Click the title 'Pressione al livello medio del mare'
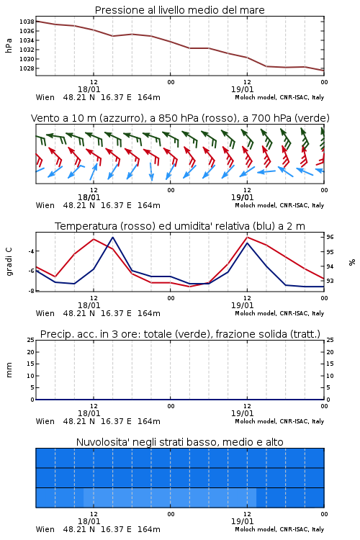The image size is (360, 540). (179, 10)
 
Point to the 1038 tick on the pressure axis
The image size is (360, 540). (27, 22)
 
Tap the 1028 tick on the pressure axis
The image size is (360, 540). (27, 68)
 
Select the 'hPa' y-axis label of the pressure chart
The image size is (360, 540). (9, 45)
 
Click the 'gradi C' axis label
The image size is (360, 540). (9, 261)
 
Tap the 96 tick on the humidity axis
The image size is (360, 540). (330, 237)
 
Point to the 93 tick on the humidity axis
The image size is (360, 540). (330, 281)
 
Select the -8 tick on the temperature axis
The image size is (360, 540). (31, 291)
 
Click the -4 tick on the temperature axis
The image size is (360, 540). (31, 251)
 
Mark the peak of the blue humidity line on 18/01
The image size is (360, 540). (112, 238)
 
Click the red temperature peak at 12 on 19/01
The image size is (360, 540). (247, 238)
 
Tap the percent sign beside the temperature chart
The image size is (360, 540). (352, 262)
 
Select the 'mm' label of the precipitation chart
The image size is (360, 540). (9, 370)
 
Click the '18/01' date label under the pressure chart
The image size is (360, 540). (89, 89)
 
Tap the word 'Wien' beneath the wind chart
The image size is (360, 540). (45, 205)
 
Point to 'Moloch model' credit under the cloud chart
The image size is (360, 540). (256, 529)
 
